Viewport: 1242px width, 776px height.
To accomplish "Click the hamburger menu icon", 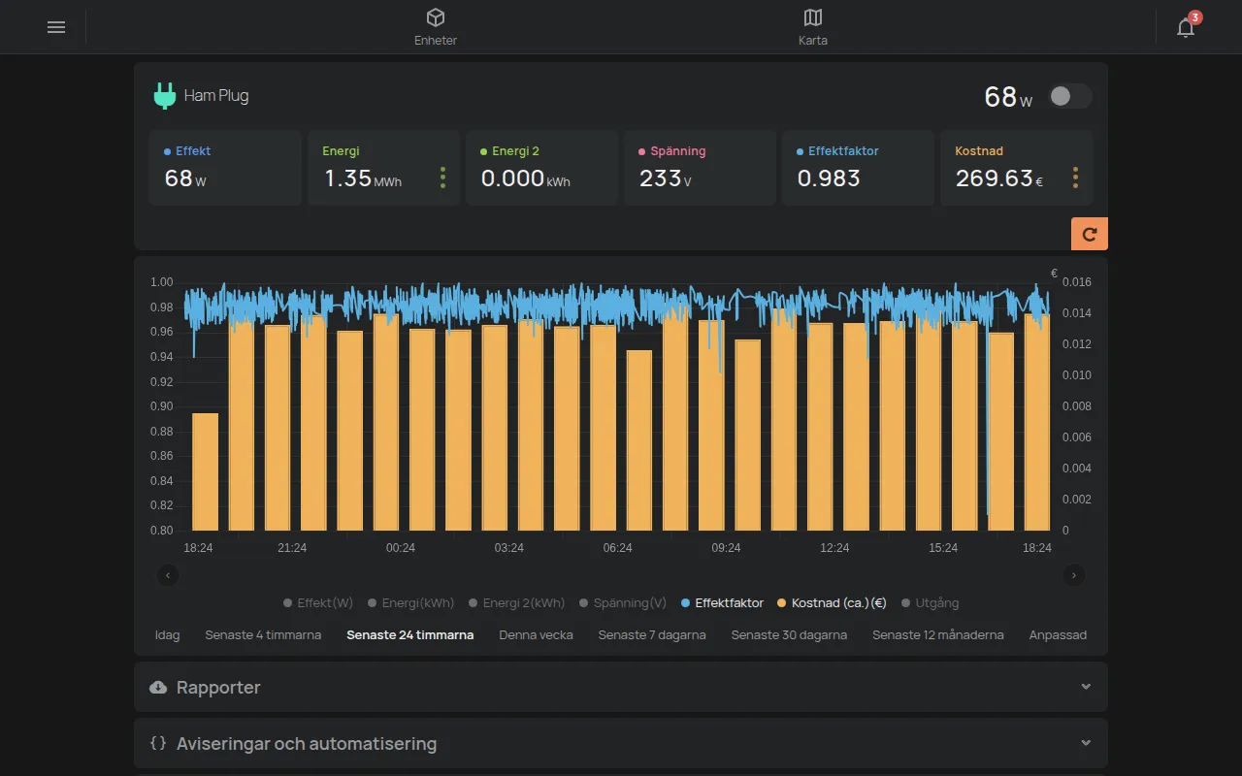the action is coord(56,27).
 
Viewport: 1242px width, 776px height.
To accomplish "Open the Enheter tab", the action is coord(436,26).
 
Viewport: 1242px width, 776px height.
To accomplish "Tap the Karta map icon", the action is coord(813,17).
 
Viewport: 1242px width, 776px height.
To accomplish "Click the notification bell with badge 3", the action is coord(1186,26).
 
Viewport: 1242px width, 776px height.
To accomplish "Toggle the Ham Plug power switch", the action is coord(1070,96).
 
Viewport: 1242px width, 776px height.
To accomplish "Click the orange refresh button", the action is coord(1089,234).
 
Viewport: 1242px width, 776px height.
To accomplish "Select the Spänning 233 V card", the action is coord(700,168).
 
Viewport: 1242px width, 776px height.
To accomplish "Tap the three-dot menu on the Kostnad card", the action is coord(1075,178).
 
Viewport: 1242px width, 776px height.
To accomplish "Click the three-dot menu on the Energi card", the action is coord(442,178).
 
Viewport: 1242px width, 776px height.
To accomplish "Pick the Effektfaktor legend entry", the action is coord(722,603).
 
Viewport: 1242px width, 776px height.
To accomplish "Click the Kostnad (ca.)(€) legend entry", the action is coord(832,603).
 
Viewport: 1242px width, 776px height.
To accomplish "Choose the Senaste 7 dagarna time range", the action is coord(651,635).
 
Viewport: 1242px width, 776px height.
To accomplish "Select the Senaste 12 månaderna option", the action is coord(937,635).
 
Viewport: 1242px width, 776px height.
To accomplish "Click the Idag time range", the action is coord(167,635).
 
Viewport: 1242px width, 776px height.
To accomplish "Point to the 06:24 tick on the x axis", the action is coord(617,548).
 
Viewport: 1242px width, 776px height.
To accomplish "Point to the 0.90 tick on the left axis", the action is coord(161,406).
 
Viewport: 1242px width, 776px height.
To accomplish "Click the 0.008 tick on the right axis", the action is coord(1076,406).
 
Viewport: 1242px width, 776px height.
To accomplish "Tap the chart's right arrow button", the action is coord(1073,575).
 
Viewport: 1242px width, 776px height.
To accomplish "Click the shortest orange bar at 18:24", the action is coord(205,471).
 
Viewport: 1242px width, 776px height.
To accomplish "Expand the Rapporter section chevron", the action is coord(1086,687).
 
